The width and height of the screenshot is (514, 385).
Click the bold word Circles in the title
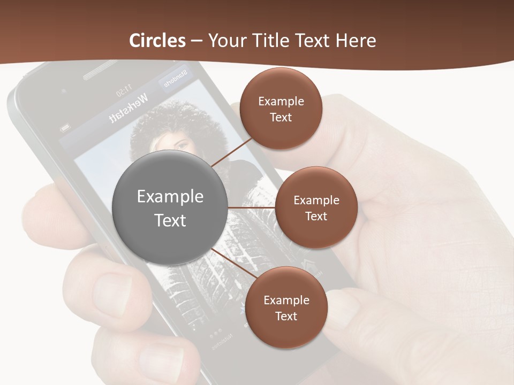[157, 41]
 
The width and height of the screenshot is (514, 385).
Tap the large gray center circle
[170, 208]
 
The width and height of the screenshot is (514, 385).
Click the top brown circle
[281, 109]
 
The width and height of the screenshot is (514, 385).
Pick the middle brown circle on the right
[316, 208]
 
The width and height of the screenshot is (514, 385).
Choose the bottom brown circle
[286, 308]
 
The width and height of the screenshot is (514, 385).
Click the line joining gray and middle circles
[252, 207]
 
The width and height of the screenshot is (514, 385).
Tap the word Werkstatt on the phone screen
[128, 109]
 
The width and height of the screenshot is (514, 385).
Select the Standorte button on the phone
[175, 78]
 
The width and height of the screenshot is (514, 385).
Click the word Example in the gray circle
[170, 197]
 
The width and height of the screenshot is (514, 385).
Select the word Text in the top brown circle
[281, 118]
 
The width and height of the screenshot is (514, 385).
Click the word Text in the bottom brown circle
[286, 317]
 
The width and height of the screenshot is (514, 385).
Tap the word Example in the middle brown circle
[316, 201]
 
